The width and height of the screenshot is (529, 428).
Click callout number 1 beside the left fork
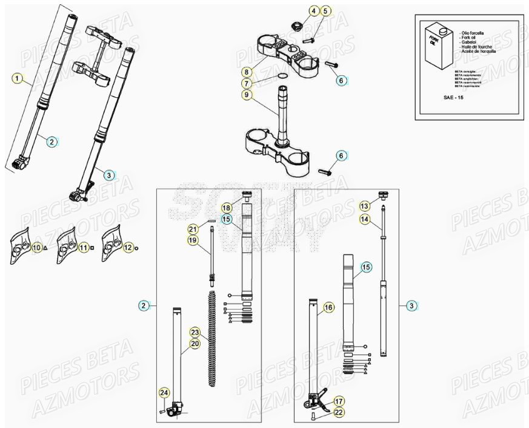pos(17,78)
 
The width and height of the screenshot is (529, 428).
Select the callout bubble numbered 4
pos(313,11)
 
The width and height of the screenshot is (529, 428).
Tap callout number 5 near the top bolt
pos(325,11)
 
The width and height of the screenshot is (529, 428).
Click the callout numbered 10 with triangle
pos(37,247)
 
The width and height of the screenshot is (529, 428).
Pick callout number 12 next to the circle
pos(128,247)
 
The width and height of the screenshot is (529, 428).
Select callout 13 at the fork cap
pos(364,206)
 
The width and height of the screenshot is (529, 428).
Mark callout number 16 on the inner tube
pos(328,308)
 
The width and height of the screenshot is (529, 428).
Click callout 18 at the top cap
pos(226,208)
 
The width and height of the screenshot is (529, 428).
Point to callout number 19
pos(193,240)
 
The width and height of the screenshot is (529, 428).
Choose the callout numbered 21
pos(193,229)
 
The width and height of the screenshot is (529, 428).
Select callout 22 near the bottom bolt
pos(338,413)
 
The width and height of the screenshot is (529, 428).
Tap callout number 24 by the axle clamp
pos(163,393)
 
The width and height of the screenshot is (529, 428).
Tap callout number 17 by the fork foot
pos(338,401)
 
